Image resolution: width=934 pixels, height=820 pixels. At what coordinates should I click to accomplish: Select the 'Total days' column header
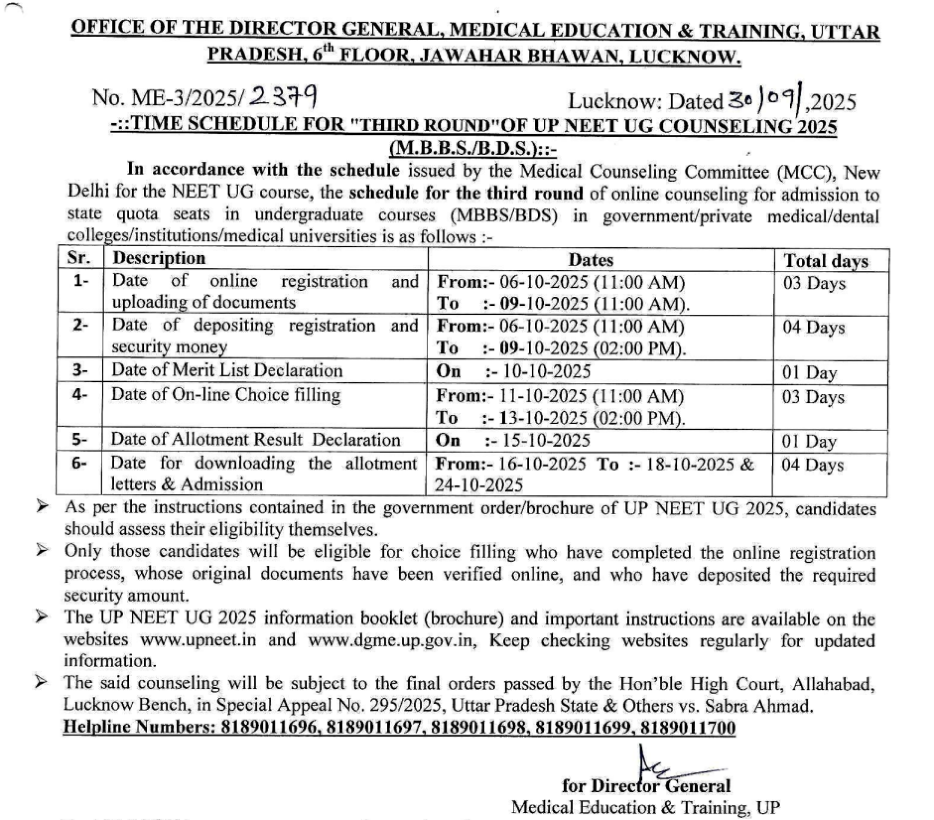point(826,261)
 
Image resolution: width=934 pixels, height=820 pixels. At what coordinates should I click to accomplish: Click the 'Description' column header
point(159,259)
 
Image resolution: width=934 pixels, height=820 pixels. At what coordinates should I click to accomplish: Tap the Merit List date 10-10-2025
point(546,371)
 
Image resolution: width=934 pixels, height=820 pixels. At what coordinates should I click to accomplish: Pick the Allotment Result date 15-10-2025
point(546,440)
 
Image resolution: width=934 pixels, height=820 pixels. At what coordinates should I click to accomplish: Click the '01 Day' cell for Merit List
point(809,372)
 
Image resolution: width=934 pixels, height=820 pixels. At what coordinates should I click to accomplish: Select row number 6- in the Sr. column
point(79,463)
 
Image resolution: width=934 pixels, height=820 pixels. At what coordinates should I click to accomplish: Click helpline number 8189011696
point(268,727)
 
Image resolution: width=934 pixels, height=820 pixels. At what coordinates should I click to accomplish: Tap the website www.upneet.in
point(198,640)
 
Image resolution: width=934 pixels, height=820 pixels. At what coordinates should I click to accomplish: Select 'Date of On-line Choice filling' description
point(225,394)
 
